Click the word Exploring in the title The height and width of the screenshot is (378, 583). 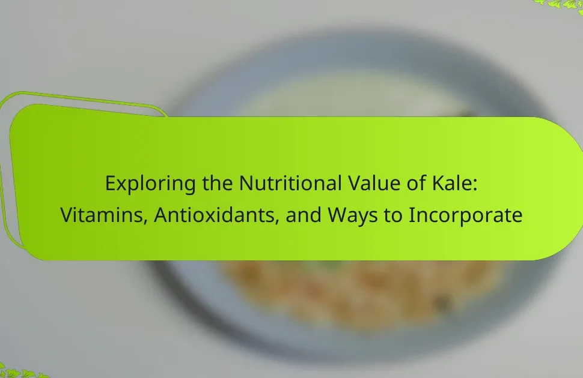click(x=150, y=184)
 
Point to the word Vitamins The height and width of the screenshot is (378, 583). click(x=100, y=215)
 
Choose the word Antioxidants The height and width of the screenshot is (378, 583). click(x=214, y=215)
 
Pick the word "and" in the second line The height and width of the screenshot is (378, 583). click(x=304, y=215)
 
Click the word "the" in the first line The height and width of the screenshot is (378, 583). click(x=218, y=183)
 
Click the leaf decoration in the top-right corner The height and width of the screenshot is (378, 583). click(x=561, y=4)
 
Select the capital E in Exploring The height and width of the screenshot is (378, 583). click(x=111, y=183)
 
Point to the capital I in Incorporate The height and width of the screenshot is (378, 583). click(x=411, y=215)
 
